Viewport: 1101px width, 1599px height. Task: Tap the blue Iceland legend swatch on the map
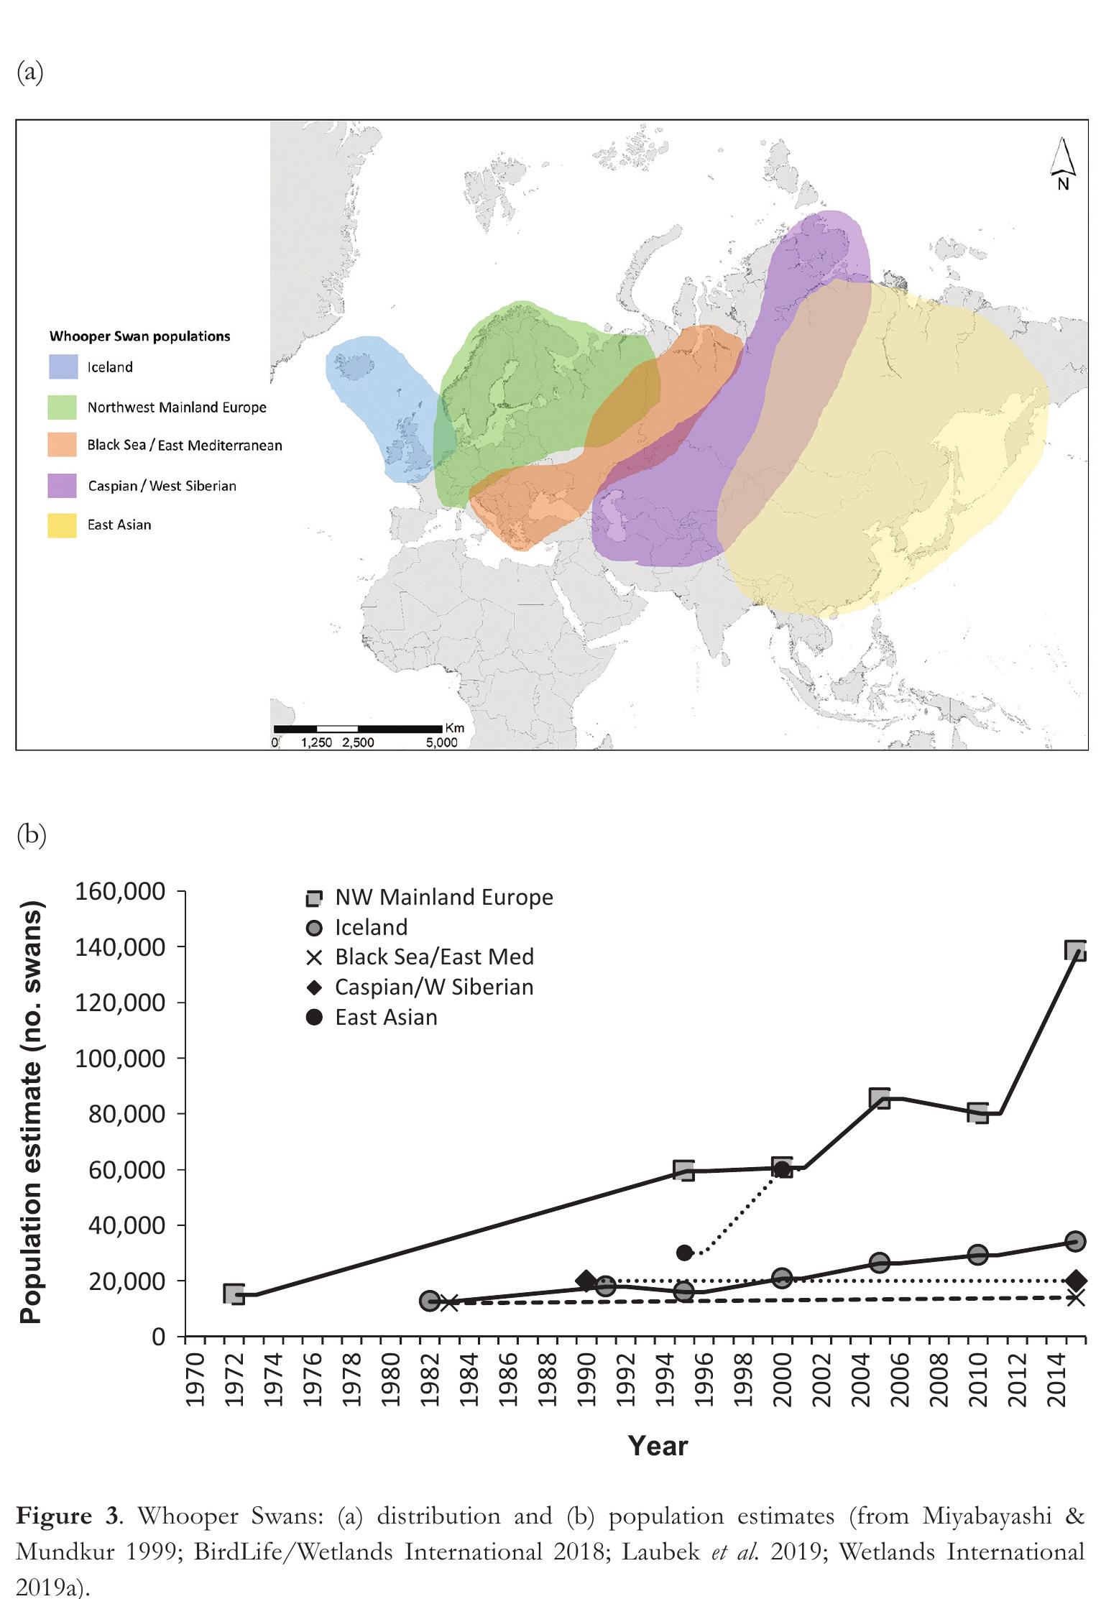click(63, 367)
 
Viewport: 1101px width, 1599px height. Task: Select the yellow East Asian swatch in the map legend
click(63, 525)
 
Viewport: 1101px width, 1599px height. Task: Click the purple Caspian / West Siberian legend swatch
click(63, 486)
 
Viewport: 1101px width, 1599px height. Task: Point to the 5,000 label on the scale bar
click(441, 743)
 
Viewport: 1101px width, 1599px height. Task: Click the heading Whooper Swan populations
click(140, 336)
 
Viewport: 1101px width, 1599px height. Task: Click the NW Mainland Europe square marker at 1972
click(234, 1294)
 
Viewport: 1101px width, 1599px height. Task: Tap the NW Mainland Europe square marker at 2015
click(1075, 951)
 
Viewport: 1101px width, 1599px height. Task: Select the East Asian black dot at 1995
click(684, 1253)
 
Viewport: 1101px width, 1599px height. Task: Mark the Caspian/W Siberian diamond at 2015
click(1075, 1281)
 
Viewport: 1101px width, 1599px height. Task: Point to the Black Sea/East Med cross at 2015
click(1075, 1297)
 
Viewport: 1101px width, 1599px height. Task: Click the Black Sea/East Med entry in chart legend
click(434, 957)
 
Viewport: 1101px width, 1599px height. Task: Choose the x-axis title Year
click(658, 1445)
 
